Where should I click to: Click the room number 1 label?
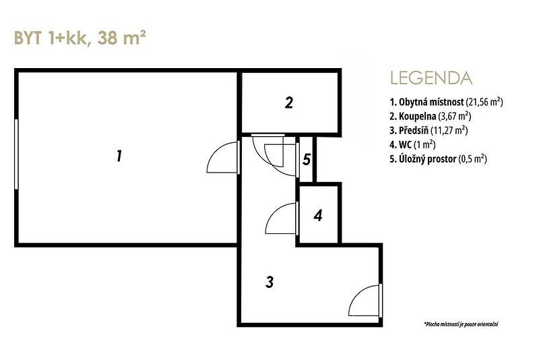click(x=119, y=156)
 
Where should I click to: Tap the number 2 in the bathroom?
click(x=289, y=102)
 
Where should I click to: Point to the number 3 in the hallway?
click(x=269, y=282)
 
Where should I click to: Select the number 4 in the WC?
click(x=318, y=216)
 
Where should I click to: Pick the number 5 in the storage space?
click(x=307, y=160)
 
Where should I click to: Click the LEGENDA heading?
click(x=431, y=78)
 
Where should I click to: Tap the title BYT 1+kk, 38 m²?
click(x=80, y=38)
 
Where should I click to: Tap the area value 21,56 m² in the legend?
click(x=484, y=102)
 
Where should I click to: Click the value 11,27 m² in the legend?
click(x=449, y=130)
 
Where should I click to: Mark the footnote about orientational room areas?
click(x=462, y=324)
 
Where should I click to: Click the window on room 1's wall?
click(x=16, y=154)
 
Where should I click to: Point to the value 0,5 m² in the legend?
click(x=473, y=159)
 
